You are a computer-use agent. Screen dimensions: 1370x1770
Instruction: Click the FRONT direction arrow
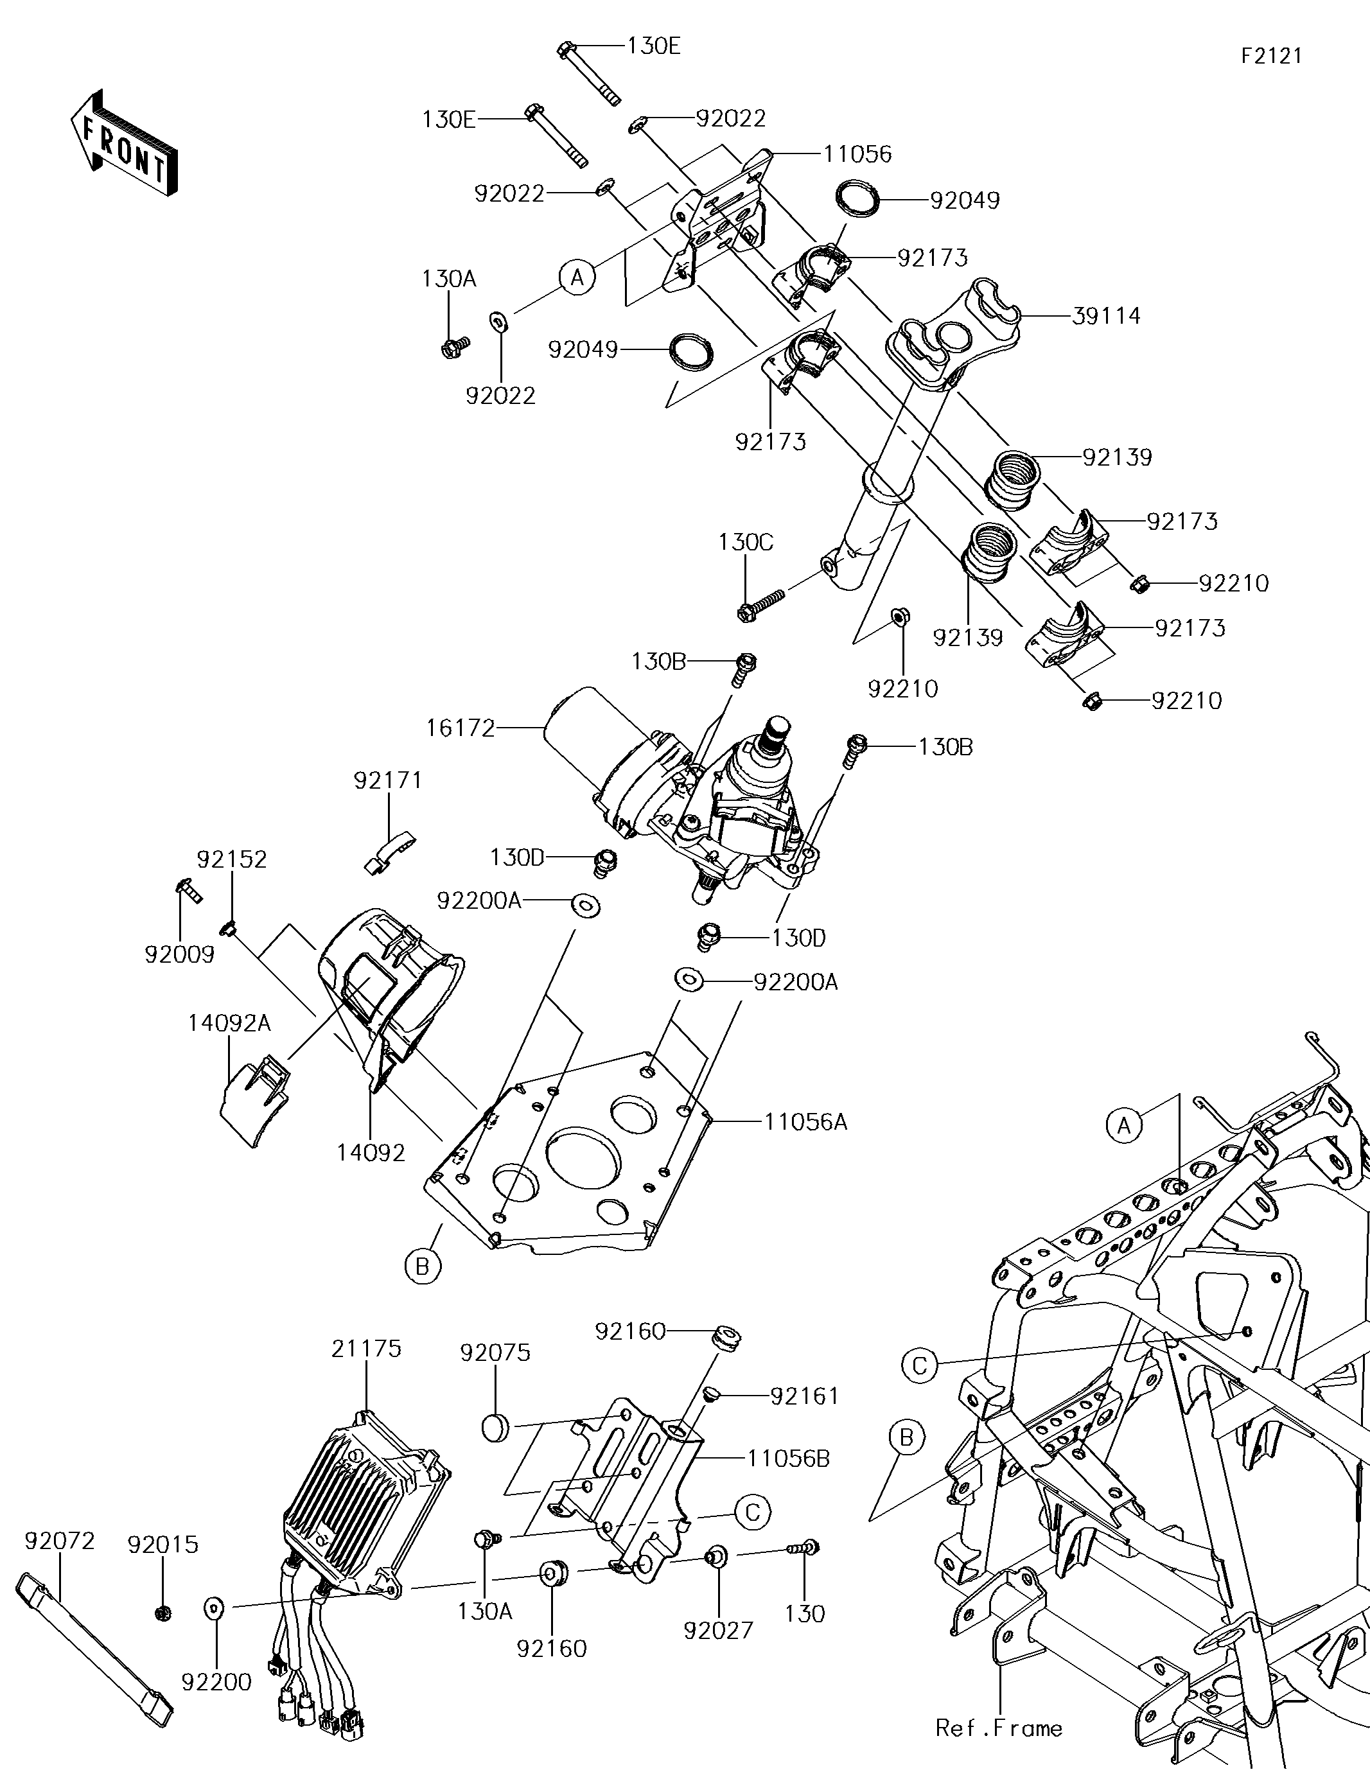point(123,143)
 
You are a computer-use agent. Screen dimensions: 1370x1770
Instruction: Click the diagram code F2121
point(1272,56)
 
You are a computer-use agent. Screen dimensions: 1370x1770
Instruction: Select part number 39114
point(1106,316)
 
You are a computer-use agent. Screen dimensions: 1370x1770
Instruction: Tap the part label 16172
point(461,728)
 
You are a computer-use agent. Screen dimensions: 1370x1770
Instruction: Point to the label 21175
point(366,1349)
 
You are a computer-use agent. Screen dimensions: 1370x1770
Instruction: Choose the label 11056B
point(788,1459)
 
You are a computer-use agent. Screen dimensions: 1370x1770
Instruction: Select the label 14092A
point(229,1024)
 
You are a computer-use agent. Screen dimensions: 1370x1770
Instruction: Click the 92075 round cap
point(496,1427)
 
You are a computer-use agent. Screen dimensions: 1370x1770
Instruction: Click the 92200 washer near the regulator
point(215,1606)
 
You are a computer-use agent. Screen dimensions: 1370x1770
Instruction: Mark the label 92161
point(804,1396)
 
